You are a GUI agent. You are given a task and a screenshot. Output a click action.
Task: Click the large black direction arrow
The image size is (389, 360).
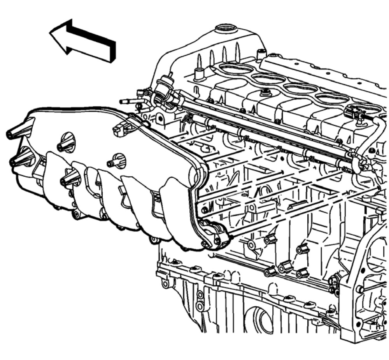(x=84, y=40)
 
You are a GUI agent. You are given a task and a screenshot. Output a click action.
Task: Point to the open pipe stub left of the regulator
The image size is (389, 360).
(x=127, y=101)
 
